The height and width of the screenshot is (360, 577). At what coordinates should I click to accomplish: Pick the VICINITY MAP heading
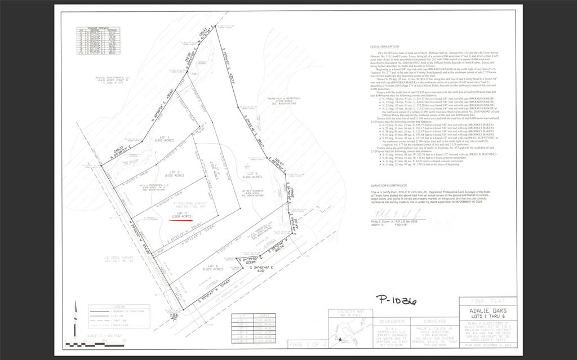click(x=349, y=312)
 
